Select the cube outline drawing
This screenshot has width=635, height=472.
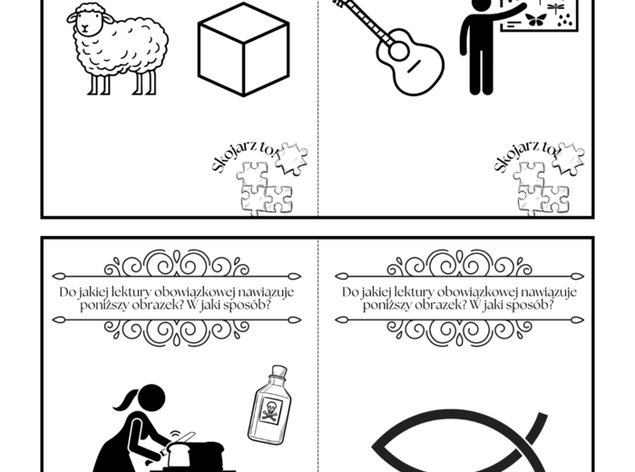coord(243,49)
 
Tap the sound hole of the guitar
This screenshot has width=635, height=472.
coord(399,52)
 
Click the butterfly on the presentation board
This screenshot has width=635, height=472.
coord(535,20)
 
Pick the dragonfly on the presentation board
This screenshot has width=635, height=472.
coord(555,7)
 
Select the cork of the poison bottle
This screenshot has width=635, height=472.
coord(279,370)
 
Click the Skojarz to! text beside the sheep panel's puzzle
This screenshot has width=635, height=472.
coord(246,156)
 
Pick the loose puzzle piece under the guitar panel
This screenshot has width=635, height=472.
coord(568,159)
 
